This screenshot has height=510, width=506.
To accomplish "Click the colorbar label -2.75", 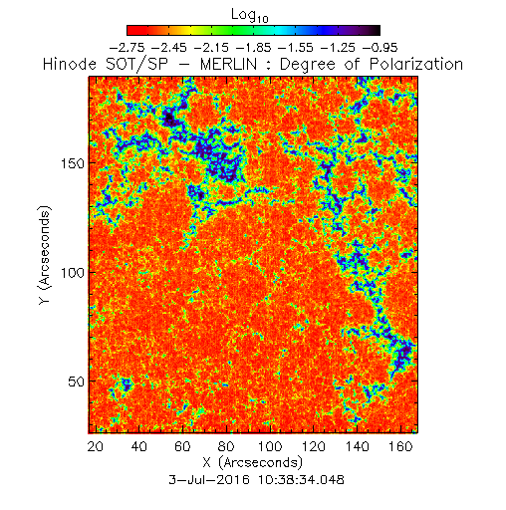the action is [x=126, y=48].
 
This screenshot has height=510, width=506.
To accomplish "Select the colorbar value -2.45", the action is [x=169, y=48].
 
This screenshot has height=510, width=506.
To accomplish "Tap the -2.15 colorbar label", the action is [x=211, y=48].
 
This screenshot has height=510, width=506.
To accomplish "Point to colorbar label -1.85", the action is [x=253, y=48].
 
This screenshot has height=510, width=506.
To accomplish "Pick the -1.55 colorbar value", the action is [x=296, y=48].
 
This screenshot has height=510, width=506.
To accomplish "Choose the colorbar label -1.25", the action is [x=338, y=48].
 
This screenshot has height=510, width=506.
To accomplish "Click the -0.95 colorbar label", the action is [x=379, y=48].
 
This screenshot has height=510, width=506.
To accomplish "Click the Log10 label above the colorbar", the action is [x=250, y=16].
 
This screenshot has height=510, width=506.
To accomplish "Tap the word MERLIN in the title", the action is [x=228, y=64].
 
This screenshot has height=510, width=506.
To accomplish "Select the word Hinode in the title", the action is [x=70, y=64].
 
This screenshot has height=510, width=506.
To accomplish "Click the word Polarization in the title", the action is [x=416, y=64].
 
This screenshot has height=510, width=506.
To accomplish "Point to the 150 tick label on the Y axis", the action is [x=73, y=163].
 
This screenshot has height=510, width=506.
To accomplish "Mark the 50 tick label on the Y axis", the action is [x=76, y=382].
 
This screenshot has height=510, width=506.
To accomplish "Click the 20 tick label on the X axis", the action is [x=96, y=446].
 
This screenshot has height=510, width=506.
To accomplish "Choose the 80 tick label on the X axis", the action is [x=226, y=446].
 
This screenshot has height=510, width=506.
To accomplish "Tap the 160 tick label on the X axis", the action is [x=400, y=446].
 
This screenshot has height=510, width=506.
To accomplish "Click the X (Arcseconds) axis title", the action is [x=253, y=462].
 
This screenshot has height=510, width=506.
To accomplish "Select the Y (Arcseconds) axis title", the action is [x=45, y=255].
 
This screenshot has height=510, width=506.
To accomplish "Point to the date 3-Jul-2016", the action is [x=209, y=480].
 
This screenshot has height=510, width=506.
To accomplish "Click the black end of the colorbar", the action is [x=377, y=30].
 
